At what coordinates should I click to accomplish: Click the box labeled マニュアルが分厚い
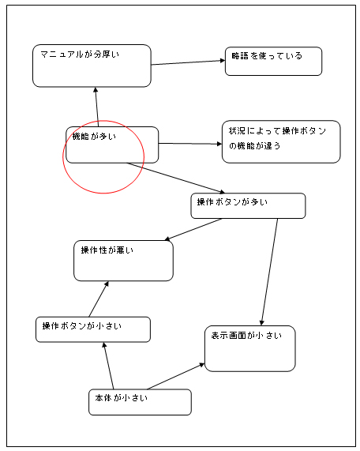(x=92, y=66)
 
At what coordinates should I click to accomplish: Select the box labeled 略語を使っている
(x=273, y=62)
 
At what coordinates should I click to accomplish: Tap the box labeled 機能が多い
(x=112, y=145)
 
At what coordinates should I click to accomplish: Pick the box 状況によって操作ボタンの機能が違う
(x=281, y=142)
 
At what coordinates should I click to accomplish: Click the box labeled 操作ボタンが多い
(x=248, y=205)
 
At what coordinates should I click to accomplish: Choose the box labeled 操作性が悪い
(x=123, y=261)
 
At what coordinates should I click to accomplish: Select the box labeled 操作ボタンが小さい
(x=93, y=329)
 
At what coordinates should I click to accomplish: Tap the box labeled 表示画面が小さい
(x=250, y=348)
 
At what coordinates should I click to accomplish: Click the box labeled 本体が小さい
(x=140, y=402)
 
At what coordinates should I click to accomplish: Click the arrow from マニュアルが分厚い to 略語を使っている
(x=188, y=62)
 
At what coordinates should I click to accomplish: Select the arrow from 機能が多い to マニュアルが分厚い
(x=97, y=107)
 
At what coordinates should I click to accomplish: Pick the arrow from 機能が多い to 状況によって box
(x=190, y=144)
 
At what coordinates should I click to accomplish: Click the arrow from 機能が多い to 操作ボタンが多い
(x=176, y=178)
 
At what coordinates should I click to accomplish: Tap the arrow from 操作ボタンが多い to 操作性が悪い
(x=193, y=230)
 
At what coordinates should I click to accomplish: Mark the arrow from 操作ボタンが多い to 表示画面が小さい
(x=269, y=272)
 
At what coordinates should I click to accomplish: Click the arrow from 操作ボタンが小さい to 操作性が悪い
(x=99, y=299)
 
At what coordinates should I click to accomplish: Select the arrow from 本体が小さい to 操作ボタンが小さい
(x=108, y=366)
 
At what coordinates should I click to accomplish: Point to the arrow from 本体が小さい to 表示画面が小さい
(x=176, y=376)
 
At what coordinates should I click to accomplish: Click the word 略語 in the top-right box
(x=240, y=56)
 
